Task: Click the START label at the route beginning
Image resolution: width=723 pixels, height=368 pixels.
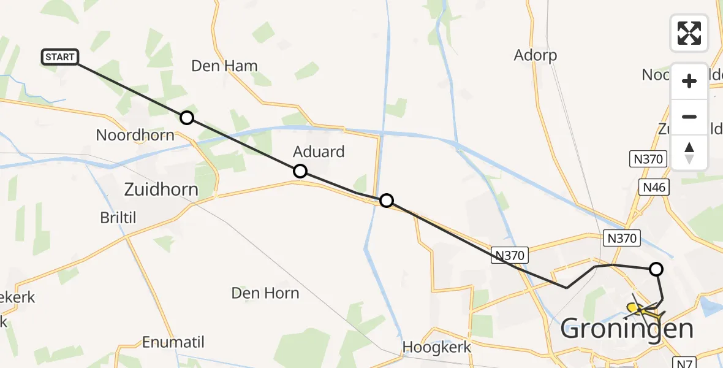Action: [59, 57]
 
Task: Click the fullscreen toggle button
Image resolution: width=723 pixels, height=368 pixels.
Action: [689, 33]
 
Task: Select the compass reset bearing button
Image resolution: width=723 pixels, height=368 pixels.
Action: [689, 152]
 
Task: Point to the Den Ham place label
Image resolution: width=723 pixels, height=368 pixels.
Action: [224, 66]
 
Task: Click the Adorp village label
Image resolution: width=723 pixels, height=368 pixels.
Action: [536, 56]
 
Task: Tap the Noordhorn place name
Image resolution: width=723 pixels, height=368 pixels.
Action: [135, 135]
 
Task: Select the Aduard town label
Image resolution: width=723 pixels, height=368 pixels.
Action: [319, 151]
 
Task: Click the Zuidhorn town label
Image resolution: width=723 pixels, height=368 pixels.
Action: [161, 190]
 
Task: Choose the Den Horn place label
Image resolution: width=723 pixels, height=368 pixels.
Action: [265, 293]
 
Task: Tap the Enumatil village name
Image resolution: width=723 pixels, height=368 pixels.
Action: [173, 342]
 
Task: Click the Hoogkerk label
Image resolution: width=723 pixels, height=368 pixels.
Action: [437, 347]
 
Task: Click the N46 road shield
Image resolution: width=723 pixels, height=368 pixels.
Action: [654, 186]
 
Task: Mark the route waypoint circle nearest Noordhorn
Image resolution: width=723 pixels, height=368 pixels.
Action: [187, 118]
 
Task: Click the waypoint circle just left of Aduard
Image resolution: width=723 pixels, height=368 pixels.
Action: [300, 171]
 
